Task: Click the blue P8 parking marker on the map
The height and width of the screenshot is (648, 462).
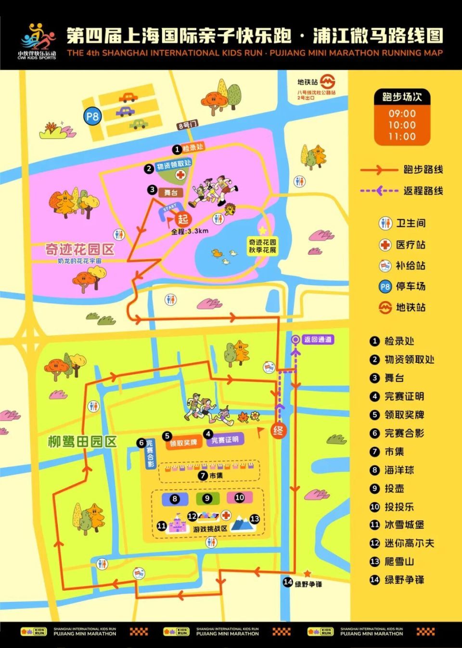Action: point(92,116)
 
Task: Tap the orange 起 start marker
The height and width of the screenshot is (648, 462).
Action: point(183,220)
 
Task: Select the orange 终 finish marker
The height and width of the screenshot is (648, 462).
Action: point(278,431)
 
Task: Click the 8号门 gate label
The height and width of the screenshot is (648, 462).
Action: point(187,125)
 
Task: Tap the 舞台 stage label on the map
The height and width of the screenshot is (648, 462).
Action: point(171,192)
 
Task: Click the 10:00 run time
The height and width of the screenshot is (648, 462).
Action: point(402,125)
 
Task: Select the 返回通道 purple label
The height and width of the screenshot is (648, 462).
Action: point(318,340)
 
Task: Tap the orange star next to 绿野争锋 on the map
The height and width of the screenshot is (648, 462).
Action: point(307,573)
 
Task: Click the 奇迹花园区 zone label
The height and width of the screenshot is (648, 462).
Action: point(80,249)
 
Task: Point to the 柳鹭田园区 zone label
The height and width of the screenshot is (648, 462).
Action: point(82,442)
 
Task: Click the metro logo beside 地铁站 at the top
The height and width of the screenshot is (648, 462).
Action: point(328,81)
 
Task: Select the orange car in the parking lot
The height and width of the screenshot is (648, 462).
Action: point(128,98)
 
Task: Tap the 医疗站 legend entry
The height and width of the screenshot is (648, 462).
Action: point(410,245)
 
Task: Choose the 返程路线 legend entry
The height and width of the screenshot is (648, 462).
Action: point(423,191)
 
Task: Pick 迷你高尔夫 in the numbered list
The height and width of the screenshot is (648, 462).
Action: point(409,543)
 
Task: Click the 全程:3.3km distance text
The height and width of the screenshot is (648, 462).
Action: point(190,231)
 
